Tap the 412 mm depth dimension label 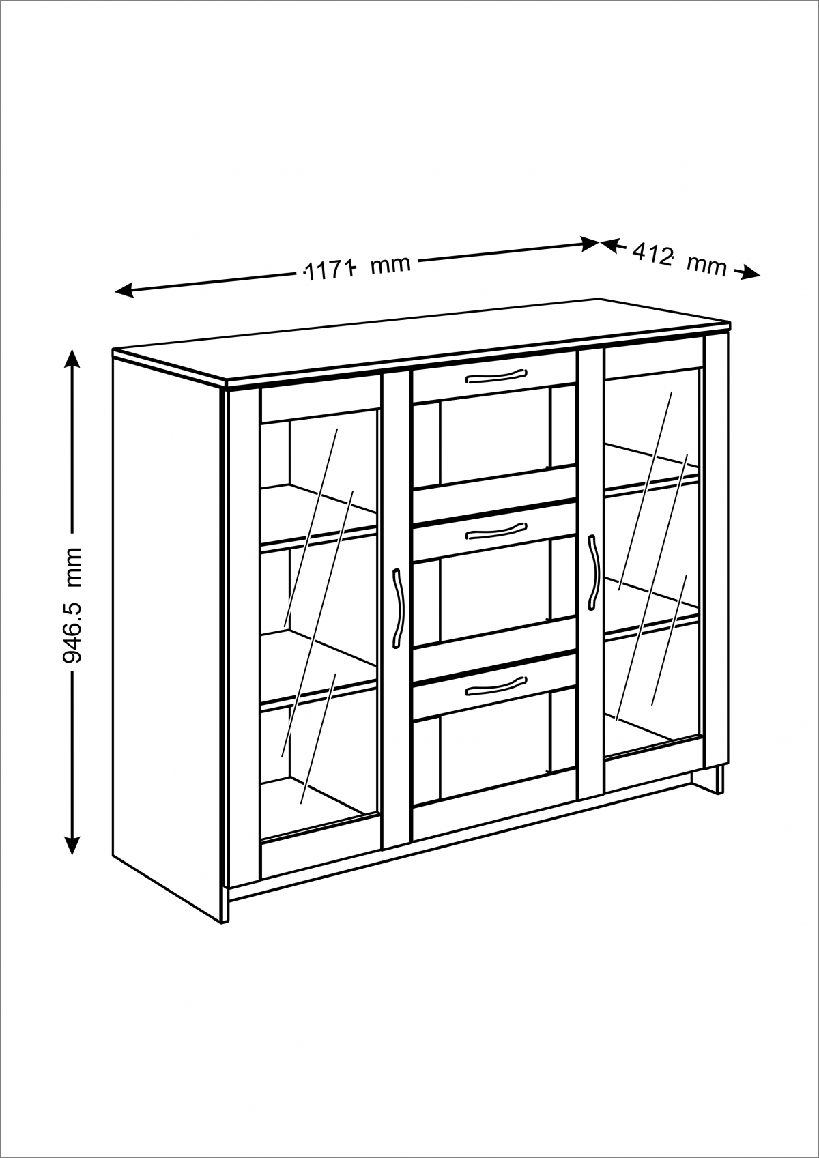click(x=679, y=260)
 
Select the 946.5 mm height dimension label click(x=72, y=605)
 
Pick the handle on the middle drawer click(x=496, y=532)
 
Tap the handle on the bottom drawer click(x=496, y=685)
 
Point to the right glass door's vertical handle click(x=592, y=572)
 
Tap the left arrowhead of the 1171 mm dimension click(x=124, y=291)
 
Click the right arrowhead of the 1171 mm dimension click(x=590, y=244)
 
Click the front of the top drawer click(x=493, y=377)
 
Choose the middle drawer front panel click(x=493, y=532)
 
